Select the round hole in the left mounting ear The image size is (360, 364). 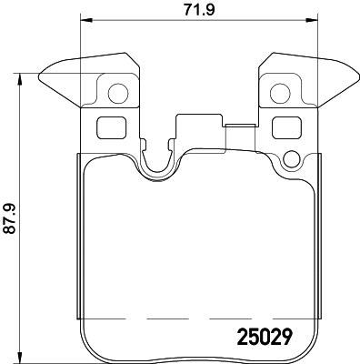(x=115, y=93)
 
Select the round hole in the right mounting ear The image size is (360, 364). (x=280, y=93)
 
